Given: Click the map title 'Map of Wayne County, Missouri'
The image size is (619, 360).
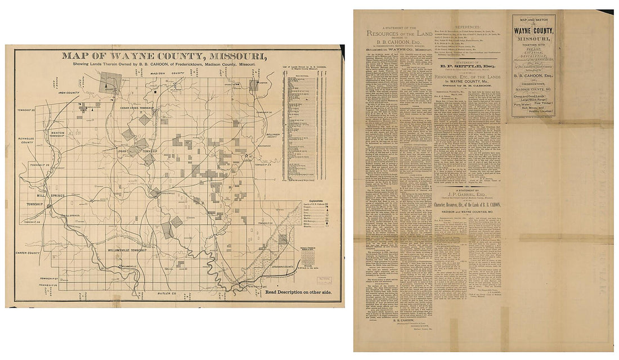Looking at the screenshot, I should coord(164,56).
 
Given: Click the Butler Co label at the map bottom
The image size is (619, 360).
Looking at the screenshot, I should coord(163,294).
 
